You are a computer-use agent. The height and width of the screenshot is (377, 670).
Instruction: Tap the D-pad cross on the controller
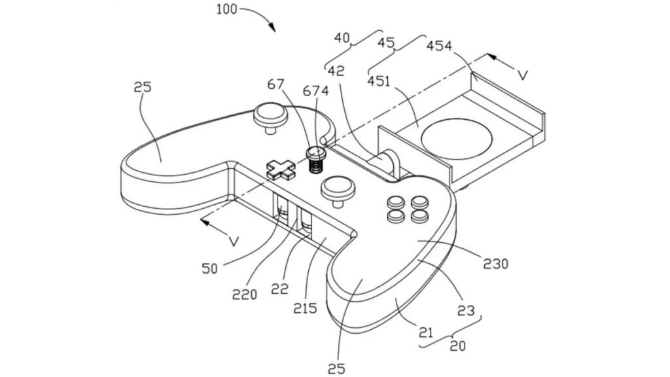[281, 170]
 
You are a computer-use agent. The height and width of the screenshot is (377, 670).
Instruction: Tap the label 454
[439, 46]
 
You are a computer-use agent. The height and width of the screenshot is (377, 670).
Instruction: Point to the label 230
[495, 264]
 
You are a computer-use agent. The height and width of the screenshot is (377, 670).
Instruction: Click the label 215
[305, 308]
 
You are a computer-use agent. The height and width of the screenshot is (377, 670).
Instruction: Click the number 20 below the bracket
[457, 346]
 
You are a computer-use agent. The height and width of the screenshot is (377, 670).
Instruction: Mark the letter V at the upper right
[521, 75]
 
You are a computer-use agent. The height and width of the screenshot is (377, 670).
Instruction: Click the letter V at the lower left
[233, 242]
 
